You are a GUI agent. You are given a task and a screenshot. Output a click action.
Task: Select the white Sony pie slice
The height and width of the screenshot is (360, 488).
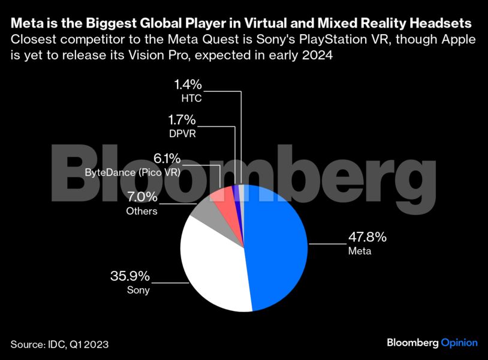tap(210, 264)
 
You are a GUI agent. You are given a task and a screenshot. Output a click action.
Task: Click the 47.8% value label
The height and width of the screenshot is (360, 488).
tap(367, 237)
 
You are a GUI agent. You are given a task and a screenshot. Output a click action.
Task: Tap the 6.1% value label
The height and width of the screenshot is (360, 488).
tap(167, 159)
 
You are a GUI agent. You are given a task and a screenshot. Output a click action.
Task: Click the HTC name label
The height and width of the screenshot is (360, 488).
tap(192, 98)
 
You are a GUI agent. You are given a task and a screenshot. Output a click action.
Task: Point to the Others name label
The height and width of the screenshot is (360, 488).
tap(141, 211)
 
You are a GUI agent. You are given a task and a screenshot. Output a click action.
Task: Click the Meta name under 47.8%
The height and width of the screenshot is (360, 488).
tap(360, 251)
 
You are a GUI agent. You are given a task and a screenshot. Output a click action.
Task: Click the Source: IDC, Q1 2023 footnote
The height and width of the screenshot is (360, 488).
tap(59, 344)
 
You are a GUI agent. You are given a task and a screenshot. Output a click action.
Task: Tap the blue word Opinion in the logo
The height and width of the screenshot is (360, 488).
tap(459, 343)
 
